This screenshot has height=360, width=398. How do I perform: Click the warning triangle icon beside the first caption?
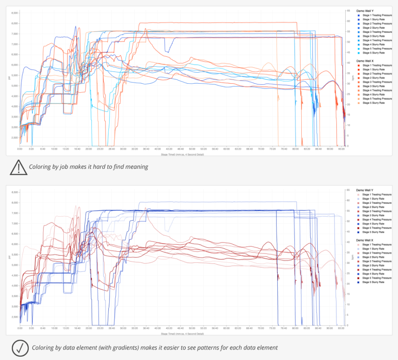click(19, 167)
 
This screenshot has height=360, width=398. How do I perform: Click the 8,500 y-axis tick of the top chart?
click(14, 13)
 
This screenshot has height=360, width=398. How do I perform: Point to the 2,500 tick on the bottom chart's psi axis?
click(14, 317)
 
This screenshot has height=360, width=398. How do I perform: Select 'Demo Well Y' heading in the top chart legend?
click(364, 11)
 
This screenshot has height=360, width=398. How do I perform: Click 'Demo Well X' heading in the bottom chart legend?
click(364, 240)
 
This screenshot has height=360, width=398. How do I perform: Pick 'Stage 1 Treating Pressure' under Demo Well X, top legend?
click(377, 65)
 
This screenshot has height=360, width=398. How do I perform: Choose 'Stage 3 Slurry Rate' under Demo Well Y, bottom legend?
click(373, 216)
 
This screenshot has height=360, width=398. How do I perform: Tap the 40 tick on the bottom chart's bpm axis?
click(348, 242)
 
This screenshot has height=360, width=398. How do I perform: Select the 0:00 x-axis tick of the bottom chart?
click(19, 329)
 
